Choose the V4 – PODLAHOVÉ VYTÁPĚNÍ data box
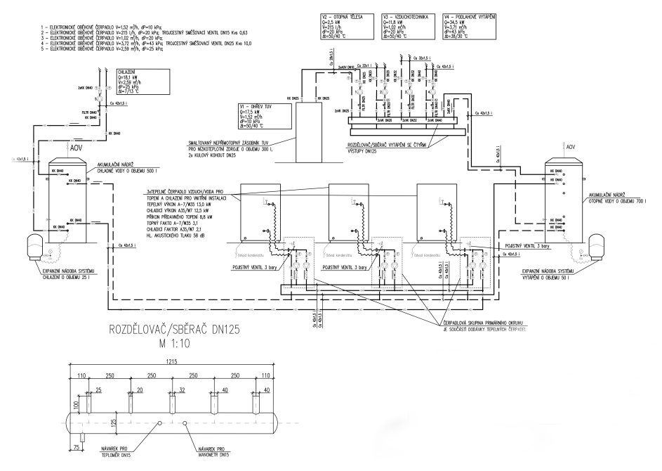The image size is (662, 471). [x=470, y=28]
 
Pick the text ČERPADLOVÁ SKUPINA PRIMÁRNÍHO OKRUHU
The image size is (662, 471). [x=484, y=322]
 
